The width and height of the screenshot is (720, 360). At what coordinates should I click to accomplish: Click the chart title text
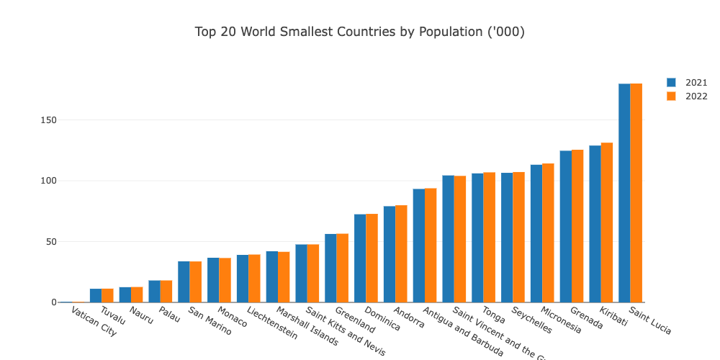click(359, 32)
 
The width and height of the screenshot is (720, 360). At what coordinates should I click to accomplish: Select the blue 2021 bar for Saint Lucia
click(624, 193)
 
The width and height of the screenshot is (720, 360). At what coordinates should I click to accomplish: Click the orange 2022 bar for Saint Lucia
click(636, 193)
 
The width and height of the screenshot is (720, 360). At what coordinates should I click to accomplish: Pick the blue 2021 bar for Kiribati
click(595, 224)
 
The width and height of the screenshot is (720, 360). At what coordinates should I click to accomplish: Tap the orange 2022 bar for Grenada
click(577, 226)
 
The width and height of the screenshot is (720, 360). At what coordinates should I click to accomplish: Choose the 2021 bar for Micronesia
click(536, 233)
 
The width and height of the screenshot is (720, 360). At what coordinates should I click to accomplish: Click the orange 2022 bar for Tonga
click(489, 238)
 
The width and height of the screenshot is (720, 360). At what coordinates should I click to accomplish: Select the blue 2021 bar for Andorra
click(390, 254)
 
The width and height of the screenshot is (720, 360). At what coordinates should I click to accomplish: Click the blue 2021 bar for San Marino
click(184, 282)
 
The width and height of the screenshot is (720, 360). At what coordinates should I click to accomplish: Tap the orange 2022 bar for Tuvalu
click(107, 295)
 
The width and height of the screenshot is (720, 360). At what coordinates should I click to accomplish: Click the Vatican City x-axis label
click(94, 322)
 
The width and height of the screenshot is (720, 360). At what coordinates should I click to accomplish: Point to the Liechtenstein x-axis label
click(271, 323)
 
